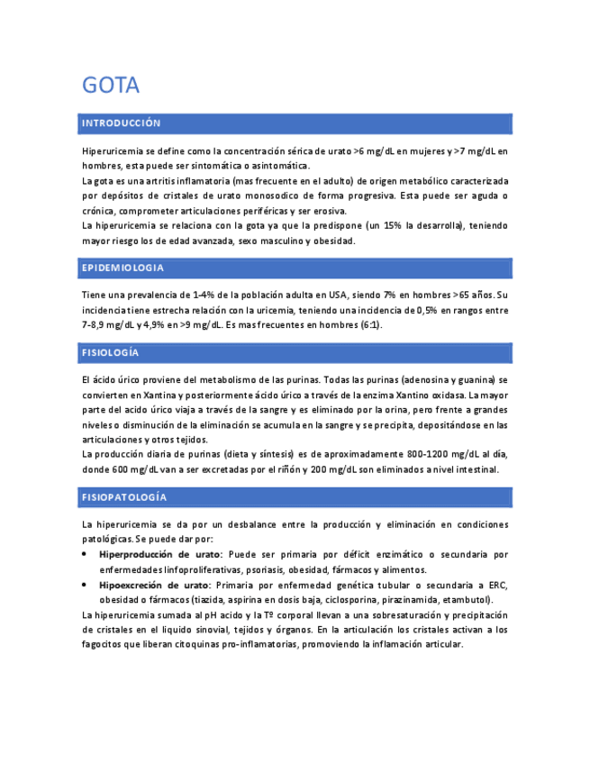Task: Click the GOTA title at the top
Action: coord(111,86)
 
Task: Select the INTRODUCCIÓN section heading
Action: coord(121,123)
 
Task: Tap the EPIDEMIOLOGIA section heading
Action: coord(123,268)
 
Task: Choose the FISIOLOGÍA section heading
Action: coord(110,352)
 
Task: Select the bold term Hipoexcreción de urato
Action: coord(153,585)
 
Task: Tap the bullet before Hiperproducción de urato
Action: coord(85,554)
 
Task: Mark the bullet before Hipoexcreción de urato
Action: coord(85,585)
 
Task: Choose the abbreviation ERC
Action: coord(498,585)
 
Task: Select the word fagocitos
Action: coord(104,645)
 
